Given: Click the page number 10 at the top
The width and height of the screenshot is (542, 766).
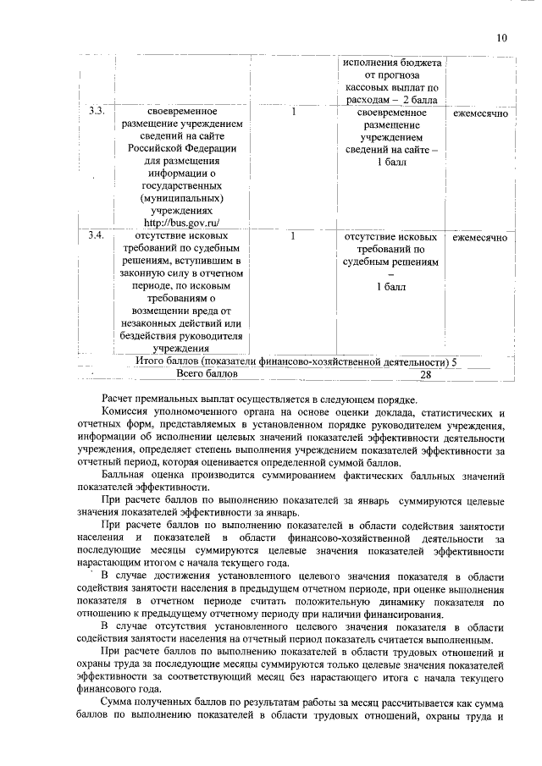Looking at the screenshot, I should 501,38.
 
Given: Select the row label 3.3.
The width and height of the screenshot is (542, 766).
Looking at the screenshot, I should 97,112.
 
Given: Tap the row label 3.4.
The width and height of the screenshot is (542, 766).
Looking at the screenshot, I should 97,237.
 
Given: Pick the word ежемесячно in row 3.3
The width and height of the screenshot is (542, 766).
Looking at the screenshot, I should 479,112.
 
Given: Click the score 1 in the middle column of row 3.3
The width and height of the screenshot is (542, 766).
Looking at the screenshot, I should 293,112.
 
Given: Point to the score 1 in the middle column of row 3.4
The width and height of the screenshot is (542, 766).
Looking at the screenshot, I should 293,237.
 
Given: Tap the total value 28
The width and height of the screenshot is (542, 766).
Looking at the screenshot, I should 425,374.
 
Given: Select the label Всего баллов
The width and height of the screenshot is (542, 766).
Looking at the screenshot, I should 207,373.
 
